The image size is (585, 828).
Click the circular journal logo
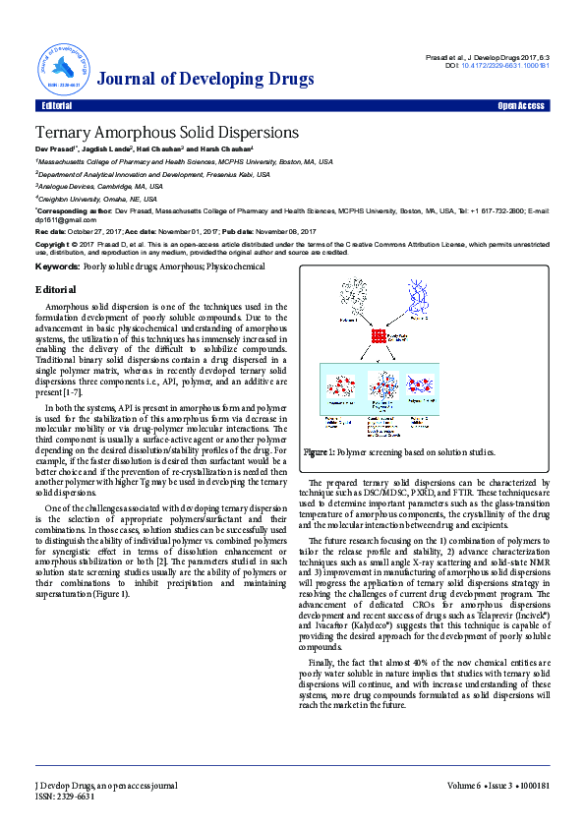[x=63, y=66]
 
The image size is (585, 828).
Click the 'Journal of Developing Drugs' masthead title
[x=207, y=80]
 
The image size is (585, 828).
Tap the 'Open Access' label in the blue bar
[x=520, y=105]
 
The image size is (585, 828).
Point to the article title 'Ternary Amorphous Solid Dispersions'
[x=166, y=132]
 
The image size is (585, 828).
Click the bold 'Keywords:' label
[x=57, y=266]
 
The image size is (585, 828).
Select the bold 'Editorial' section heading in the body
[x=55, y=290]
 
